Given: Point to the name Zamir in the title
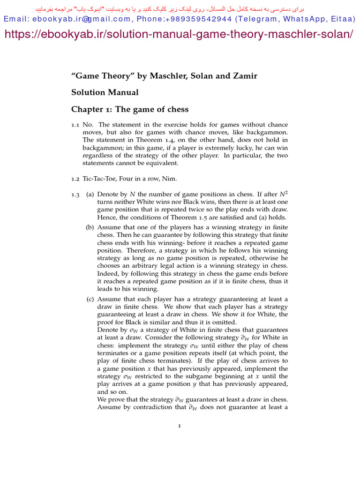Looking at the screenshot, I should pos(245,76).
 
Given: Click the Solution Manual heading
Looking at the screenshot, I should pos(105,92).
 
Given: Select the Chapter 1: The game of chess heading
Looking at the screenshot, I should pos(130,109).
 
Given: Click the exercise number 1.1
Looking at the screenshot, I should pos(75,125).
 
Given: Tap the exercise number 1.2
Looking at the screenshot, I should pos(75,178).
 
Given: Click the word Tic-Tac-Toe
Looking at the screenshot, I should pos(99,178).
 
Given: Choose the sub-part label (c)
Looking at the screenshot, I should pos(90,299).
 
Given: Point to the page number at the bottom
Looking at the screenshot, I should pos(180,426).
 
